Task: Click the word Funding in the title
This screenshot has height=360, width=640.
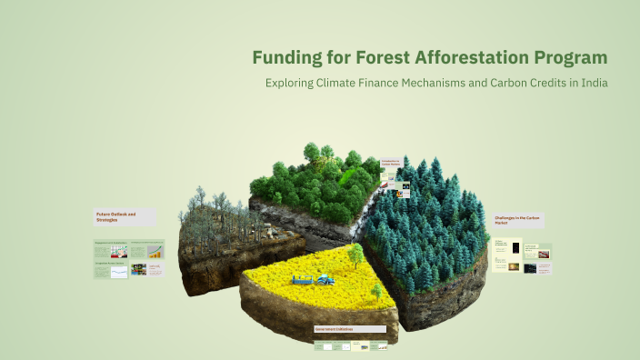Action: coord(285,58)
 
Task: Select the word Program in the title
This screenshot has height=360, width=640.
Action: coord(569,58)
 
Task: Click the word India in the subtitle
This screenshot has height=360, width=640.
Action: coord(590,83)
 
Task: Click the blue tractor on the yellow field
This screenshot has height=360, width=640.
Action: coord(324,280)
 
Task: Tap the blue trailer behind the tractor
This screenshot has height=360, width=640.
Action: coord(302,282)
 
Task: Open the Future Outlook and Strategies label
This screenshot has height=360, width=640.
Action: coord(115,216)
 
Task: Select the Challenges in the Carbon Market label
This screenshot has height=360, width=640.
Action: coord(518,220)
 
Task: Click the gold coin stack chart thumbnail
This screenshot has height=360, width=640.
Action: coord(156,251)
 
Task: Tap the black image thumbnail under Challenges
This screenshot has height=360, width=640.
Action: coord(515,248)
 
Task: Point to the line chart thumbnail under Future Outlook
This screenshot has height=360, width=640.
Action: coord(119,272)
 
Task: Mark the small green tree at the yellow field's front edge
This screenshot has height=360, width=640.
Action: coord(375,291)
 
